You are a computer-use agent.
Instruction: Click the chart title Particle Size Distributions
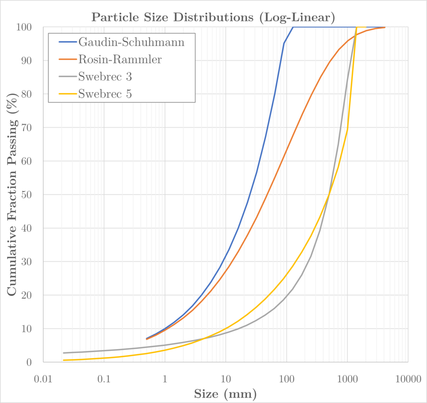(x=213, y=18)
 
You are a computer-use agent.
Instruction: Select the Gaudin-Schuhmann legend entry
(x=131, y=42)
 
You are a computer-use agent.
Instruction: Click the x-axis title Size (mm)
(x=225, y=394)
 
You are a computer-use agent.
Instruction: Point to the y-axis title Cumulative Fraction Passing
(x=13, y=194)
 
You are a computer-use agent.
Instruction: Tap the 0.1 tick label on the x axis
(x=104, y=379)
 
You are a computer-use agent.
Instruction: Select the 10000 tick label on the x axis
(x=408, y=379)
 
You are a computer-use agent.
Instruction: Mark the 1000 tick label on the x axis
(x=347, y=379)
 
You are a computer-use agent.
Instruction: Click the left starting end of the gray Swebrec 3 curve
(x=64, y=353)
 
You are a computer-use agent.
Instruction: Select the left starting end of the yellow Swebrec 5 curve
(x=64, y=360)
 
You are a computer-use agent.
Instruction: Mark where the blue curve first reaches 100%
(x=293, y=27)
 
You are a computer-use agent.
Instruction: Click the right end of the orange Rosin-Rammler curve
(x=385, y=27)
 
